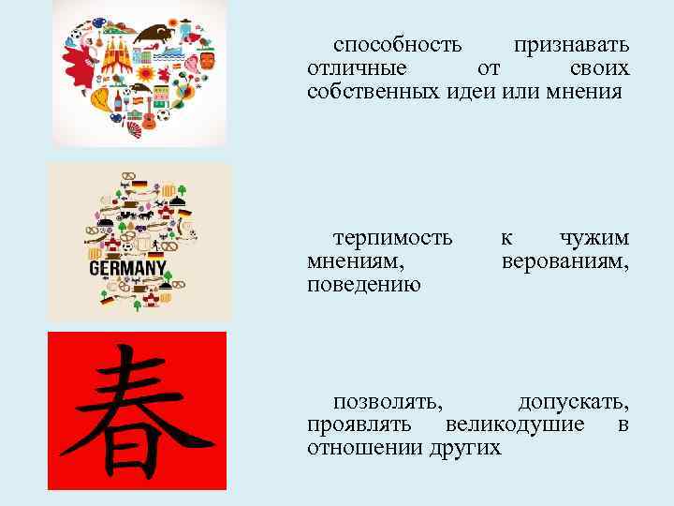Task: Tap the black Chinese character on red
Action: click(x=137, y=409)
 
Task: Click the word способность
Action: click(x=398, y=45)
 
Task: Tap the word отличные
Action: click(x=357, y=68)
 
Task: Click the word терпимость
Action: click(x=392, y=237)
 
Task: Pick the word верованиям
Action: click(x=564, y=260)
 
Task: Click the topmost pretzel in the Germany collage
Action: click(x=129, y=174)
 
